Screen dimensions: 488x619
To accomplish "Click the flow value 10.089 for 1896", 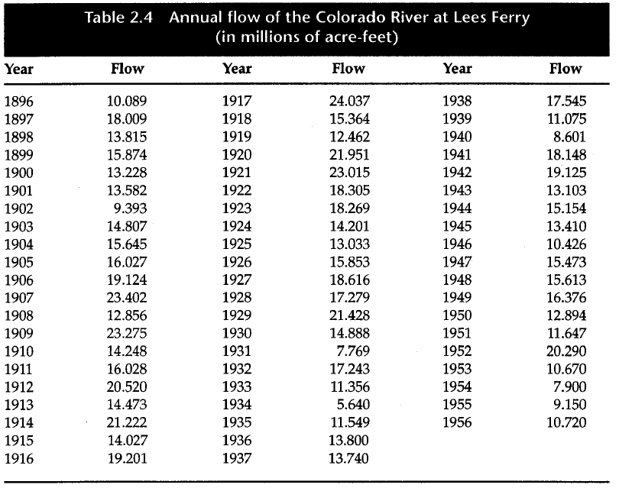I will coord(127,101).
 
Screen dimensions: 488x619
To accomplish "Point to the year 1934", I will coord(237,405).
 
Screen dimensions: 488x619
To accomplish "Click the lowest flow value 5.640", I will coord(354,405).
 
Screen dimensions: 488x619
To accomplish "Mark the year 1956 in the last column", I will coord(457,422).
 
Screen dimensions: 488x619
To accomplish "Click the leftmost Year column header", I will coord(19,69).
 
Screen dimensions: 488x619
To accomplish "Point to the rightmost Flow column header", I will coord(566,69).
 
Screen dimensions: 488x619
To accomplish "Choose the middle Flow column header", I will coord(348,69).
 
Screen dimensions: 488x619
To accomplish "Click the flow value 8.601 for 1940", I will coord(569,137).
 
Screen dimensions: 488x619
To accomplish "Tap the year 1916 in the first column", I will coord(19,458).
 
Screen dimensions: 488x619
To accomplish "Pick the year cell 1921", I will coord(237,173).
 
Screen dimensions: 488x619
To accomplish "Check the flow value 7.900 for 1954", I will coord(569,387).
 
